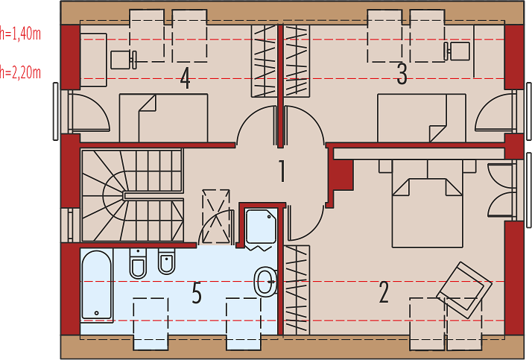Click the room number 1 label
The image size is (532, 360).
pos(282,171)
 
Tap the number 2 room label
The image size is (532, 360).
pos(384,291)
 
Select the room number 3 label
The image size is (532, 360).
pos(402,74)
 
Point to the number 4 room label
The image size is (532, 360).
pos(185,78)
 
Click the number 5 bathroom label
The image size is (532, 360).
pos(197,292)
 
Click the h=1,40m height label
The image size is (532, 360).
pos(20,34)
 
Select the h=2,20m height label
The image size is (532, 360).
pos(20,72)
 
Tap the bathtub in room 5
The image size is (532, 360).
pos(97,285)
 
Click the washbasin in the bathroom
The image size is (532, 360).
pos(266,281)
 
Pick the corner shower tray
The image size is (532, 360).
pos(261,227)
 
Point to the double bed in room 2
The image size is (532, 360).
pos(428,203)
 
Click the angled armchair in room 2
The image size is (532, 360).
pos(464,290)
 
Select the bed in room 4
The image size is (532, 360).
pos(163,118)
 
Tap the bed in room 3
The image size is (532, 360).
pos(422,118)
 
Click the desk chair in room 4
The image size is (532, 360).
pos(124,60)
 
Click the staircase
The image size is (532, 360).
pos(133,195)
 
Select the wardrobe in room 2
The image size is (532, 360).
pos(297,290)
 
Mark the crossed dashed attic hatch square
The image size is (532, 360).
pos(216,216)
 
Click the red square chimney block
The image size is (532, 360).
pos(341,175)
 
